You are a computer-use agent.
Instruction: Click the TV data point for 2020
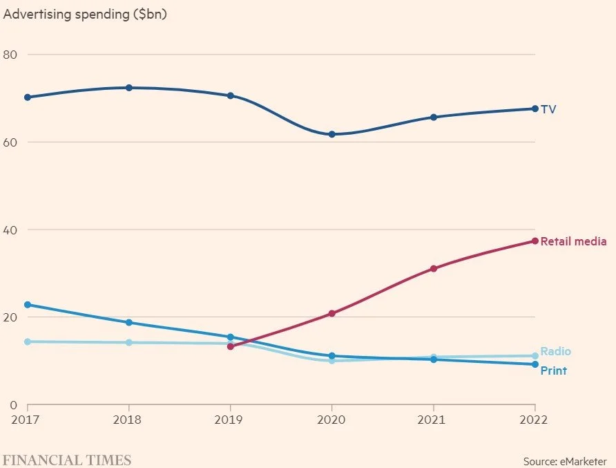point(331,134)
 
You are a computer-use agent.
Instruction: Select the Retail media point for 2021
point(434,268)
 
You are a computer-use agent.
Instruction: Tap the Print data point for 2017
point(28,305)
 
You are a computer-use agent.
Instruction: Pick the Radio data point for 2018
point(129,342)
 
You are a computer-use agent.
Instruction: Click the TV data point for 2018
point(129,88)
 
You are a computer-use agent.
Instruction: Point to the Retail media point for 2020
point(331,313)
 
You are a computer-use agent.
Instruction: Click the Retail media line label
point(573,241)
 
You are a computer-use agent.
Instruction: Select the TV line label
point(548,109)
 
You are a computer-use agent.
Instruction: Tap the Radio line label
point(555,351)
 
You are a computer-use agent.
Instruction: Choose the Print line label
point(553,371)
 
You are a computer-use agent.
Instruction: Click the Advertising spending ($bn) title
point(86,14)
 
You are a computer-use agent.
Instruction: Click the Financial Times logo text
point(66,460)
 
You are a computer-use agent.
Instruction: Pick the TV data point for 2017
point(28,97)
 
